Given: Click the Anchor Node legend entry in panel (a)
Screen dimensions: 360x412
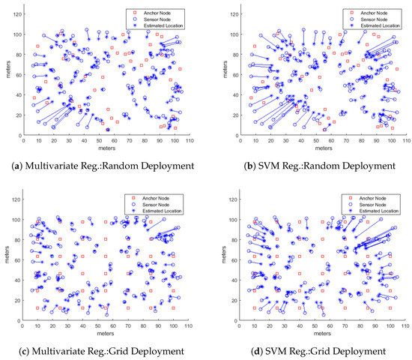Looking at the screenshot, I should tap(162, 13).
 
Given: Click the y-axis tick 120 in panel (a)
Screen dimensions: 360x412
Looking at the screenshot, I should tap(17, 8).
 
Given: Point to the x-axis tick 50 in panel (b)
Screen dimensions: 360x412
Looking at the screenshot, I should tap(312, 140).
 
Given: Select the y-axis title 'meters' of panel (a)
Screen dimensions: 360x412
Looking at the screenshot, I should tap(7, 71).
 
